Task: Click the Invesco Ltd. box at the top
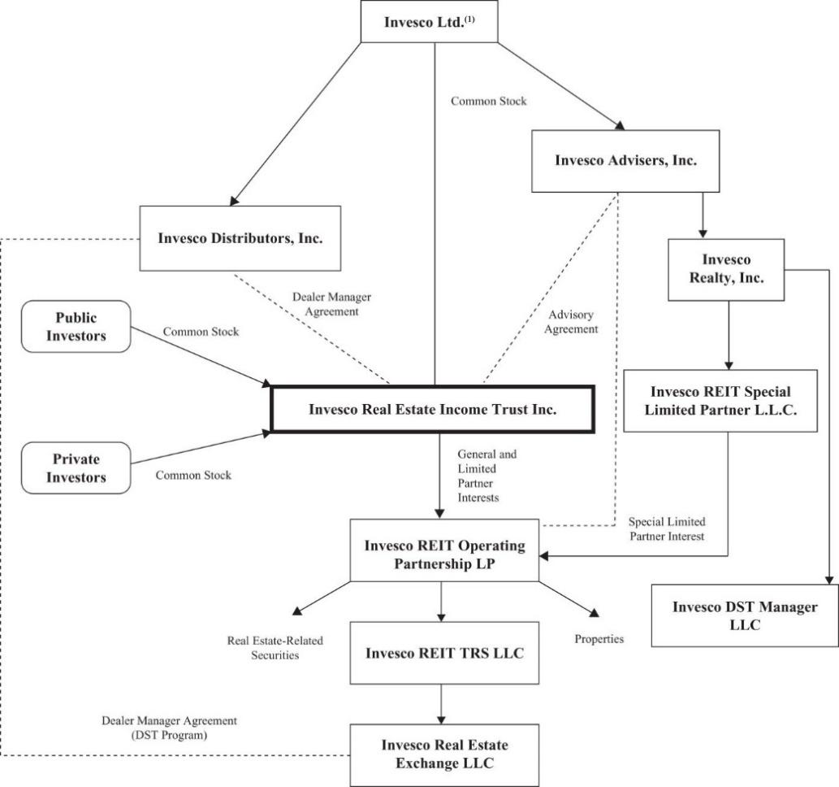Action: tap(429, 21)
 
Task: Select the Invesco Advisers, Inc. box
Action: tap(625, 161)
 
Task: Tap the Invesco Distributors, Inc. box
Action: tap(240, 238)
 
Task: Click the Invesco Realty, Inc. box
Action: tap(726, 269)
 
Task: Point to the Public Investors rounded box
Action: tap(76, 326)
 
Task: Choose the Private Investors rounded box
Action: tap(76, 467)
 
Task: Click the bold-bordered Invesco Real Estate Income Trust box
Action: tap(432, 409)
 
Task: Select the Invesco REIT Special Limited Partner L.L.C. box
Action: tap(720, 401)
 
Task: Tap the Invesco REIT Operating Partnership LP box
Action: tap(444, 550)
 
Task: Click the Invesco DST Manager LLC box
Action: tap(745, 615)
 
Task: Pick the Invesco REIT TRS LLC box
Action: tap(444, 653)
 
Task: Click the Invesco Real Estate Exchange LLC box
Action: tap(444, 754)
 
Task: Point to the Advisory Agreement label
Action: tap(571, 321)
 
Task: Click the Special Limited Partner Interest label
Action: tap(667, 528)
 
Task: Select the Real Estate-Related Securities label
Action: tap(275, 648)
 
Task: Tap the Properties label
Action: tap(599, 638)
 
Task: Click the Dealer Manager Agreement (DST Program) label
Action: tap(169, 728)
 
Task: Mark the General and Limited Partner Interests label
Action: tap(487, 476)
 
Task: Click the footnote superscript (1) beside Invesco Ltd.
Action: tap(469, 20)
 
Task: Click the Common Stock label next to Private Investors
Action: tap(193, 475)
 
